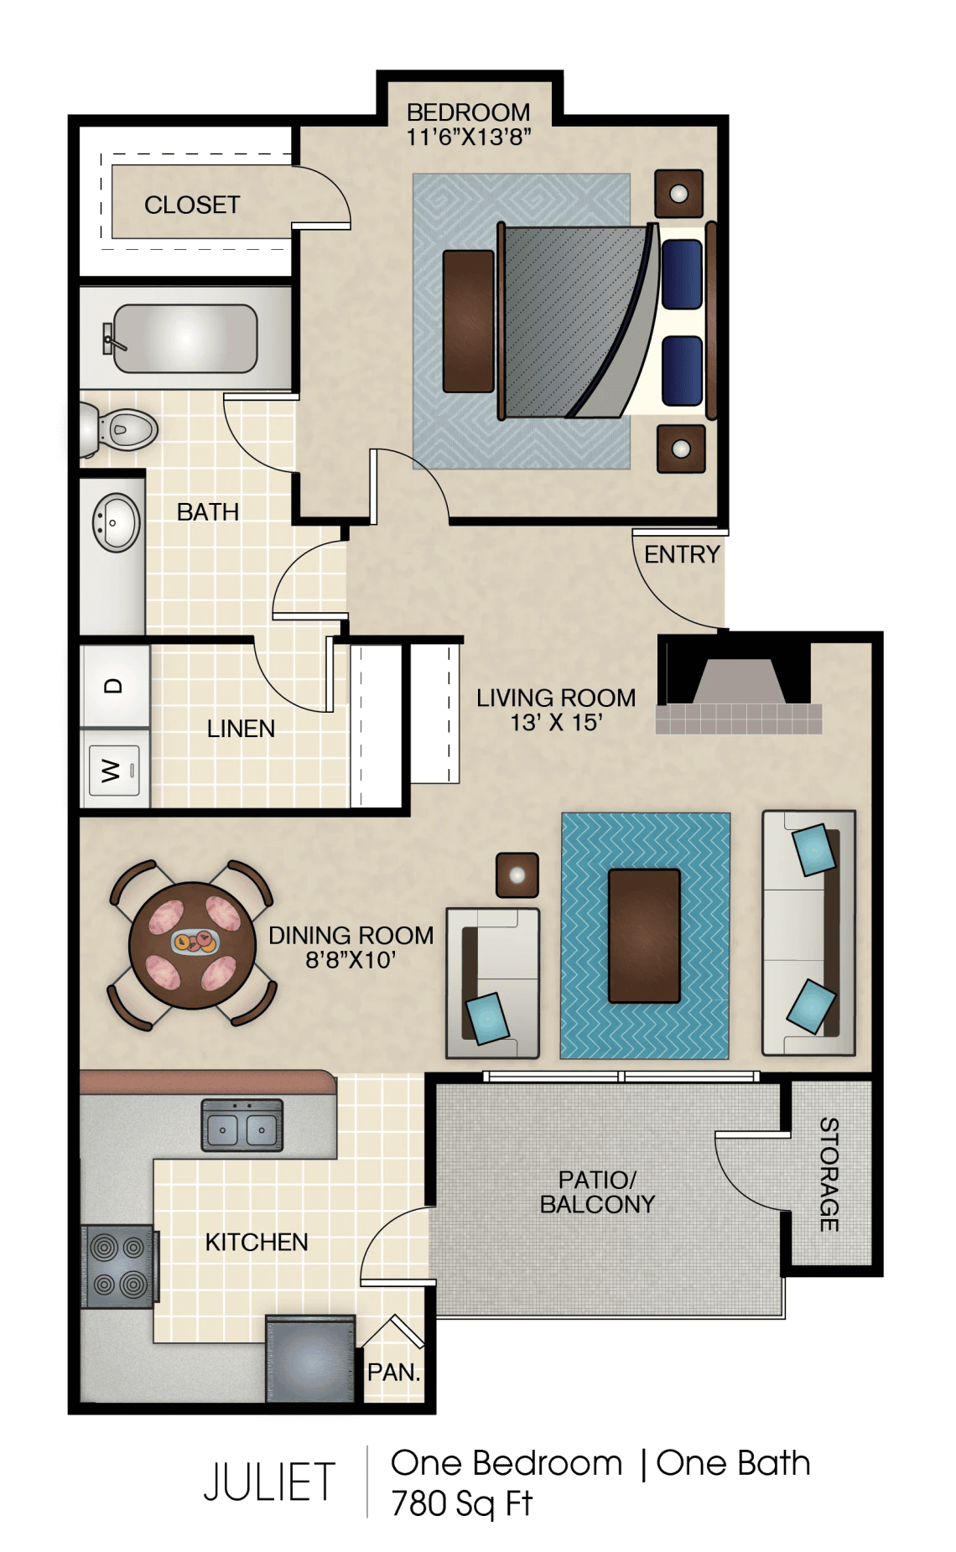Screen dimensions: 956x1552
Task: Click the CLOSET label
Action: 192,205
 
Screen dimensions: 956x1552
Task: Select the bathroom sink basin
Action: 116,522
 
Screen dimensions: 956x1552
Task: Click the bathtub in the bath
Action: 184,338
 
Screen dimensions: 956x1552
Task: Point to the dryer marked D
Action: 115,685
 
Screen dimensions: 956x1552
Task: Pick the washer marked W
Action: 115,769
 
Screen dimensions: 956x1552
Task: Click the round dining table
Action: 192,945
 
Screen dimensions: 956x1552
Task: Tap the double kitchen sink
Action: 242,1125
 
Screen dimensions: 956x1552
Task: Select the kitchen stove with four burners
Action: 118,1266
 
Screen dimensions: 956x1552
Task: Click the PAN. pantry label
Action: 393,1373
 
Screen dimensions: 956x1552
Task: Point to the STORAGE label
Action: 829,1174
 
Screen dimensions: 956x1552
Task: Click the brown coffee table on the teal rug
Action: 644,936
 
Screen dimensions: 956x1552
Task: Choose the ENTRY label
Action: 682,554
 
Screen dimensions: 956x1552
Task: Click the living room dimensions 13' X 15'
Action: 556,723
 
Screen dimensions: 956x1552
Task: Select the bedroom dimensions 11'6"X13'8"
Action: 469,137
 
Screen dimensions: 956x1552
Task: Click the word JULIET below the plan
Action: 269,1482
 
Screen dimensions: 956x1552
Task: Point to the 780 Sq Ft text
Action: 462,1503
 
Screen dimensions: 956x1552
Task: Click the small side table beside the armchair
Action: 517,875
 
